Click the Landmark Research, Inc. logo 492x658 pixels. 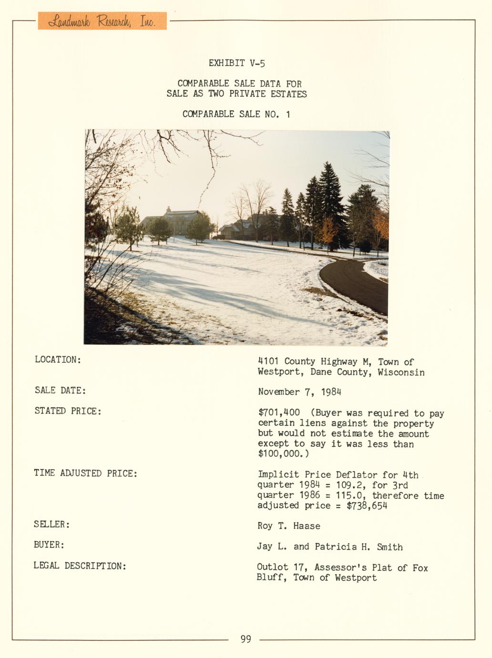click(x=102, y=21)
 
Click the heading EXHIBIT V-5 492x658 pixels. click(x=236, y=63)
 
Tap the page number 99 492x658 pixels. click(x=246, y=639)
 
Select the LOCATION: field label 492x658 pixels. click(x=58, y=360)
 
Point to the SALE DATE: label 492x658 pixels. click(x=60, y=391)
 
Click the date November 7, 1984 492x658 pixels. click(x=299, y=392)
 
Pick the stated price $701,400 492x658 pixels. click(x=279, y=413)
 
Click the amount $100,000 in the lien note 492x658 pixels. click(x=279, y=454)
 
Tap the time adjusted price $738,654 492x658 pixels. click(x=367, y=505)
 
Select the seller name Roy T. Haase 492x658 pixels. click(x=288, y=526)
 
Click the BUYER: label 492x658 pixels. click(x=49, y=545)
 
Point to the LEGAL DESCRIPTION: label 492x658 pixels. click(x=80, y=566)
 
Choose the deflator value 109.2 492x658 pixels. click(x=349, y=485)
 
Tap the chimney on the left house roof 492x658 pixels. click(x=168, y=209)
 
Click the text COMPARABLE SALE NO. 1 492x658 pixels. click(x=236, y=114)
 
